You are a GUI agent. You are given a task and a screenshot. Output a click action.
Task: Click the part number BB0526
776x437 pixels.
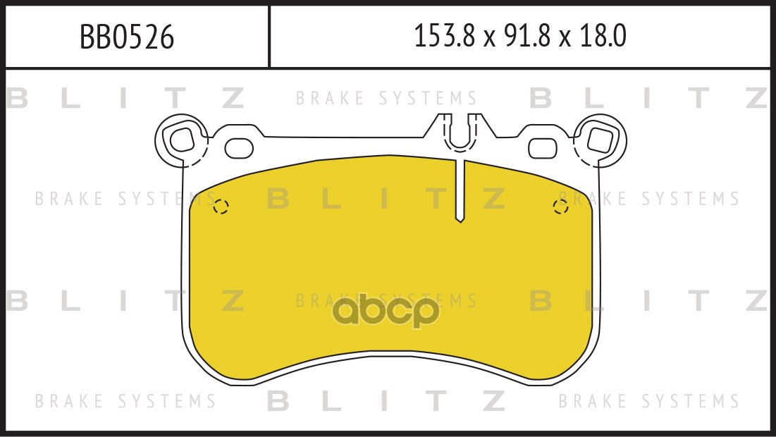tap(127, 37)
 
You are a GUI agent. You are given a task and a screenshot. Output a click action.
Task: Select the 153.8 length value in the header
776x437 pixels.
tap(444, 36)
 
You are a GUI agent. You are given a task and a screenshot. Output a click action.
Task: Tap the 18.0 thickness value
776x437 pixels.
tap(603, 36)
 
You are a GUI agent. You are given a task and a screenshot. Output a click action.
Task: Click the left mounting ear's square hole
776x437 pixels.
tap(181, 139)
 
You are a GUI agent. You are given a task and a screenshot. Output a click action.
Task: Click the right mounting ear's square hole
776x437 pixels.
tap(600, 139)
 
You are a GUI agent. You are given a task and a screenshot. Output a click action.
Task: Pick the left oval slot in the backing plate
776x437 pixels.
tap(239, 148)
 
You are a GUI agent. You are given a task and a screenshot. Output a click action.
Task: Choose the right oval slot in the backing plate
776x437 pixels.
tap(543, 148)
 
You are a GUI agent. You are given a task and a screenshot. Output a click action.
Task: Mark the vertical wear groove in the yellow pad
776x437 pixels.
tap(460, 190)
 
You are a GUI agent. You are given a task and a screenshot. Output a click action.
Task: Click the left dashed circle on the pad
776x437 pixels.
tap(221, 207)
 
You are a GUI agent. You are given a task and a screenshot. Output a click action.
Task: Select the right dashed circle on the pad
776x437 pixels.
tap(560, 207)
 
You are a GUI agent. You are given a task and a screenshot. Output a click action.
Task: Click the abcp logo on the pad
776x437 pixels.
tap(386, 312)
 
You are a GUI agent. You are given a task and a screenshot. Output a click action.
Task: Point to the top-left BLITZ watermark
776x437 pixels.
tap(125, 98)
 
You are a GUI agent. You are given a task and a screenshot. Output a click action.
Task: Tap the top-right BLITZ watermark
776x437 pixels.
tap(650, 98)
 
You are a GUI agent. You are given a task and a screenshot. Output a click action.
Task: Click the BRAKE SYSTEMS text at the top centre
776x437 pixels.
tap(386, 98)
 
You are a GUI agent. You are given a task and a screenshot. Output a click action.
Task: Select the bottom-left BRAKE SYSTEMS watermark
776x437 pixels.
tap(125, 400)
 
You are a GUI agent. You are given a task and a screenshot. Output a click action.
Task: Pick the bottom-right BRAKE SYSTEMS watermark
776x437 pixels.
tap(649, 400)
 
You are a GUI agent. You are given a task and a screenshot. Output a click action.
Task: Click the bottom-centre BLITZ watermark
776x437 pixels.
tap(386, 400)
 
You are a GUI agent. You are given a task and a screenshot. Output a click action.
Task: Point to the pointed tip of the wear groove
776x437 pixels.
tap(460, 222)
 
